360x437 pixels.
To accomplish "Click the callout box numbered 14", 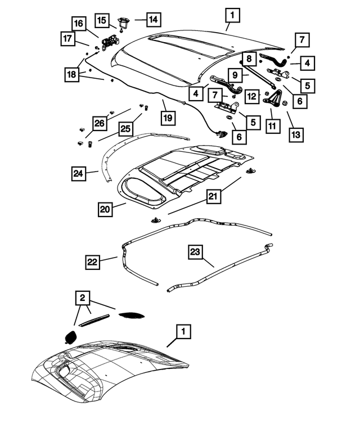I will click(x=154, y=19).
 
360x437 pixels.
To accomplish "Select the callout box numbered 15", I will click(x=102, y=20).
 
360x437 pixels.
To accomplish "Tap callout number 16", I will click(x=79, y=24).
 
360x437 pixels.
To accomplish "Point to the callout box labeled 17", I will click(x=67, y=39).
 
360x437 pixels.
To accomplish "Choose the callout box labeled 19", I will click(x=168, y=118).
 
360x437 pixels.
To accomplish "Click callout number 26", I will click(x=100, y=123).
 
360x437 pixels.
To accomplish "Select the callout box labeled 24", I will click(x=80, y=173).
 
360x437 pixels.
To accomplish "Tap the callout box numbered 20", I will click(x=105, y=209).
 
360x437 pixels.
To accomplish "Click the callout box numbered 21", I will click(x=213, y=196).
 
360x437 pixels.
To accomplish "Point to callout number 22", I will click(x=93, y=262).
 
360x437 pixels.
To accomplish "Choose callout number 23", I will click(x=195, y=253).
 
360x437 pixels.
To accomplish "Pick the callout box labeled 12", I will click(x=253, y=96).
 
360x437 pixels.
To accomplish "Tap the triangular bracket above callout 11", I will click(x=276, y=99).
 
